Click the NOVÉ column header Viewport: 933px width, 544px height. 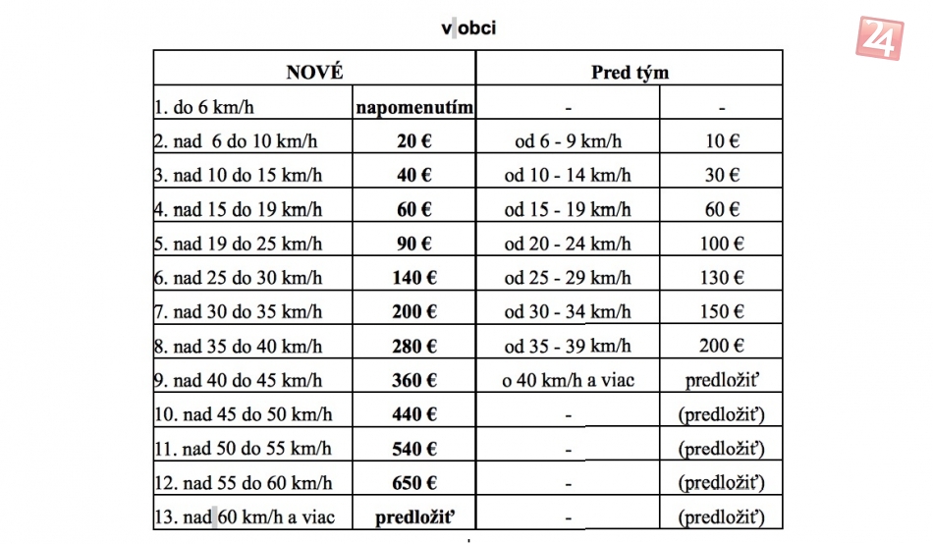[x=313, y=72]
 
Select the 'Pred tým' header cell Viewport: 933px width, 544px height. [x=630, y=72]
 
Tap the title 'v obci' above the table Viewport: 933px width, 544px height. [x=468, y=28]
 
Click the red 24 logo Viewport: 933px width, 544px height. [x=881, y=37]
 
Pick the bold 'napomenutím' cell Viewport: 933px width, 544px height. [x=413, y=106]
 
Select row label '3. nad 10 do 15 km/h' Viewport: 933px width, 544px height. [x=238, y=175]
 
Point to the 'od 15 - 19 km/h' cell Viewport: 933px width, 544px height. [x=567, y=209]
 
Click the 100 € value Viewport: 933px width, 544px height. [x=722, y=244]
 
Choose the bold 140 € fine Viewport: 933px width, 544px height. [x=414, y=278]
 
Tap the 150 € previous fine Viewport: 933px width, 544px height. [x=722, y=312]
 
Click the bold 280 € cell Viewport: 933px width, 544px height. [x=414, y=346]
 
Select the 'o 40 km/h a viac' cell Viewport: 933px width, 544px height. [x=568, y=380]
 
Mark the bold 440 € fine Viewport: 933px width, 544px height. [x=414, y=414]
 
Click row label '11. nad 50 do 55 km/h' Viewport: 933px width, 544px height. [x=243, y=449]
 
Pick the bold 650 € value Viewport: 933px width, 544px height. [x=414, y=483]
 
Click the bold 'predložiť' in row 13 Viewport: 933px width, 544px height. [x=414, y=517]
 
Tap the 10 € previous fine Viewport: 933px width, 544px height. [x=722, y=140]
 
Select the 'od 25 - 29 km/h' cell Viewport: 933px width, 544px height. [x=567, y=278]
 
